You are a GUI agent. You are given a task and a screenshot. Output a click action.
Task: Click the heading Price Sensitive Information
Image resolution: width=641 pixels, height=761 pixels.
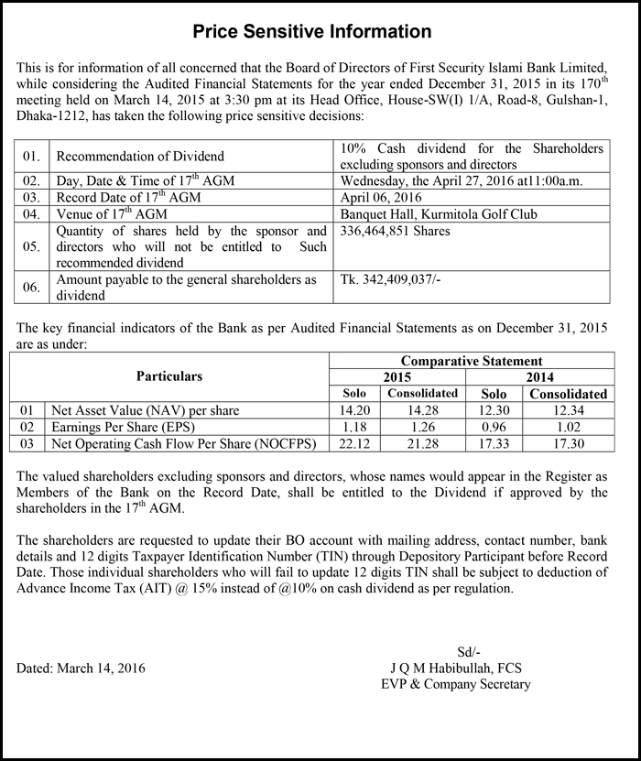[x=312, y=32]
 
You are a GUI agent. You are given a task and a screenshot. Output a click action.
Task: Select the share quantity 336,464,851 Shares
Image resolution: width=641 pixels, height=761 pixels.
[x=395, y=232]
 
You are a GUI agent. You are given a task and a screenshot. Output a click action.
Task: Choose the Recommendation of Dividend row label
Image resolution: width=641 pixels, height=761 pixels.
[x=140, y=157]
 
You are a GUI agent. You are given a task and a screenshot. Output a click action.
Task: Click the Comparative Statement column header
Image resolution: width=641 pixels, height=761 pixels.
[x=471, y=362]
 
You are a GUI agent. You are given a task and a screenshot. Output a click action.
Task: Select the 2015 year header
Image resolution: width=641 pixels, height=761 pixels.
[x=397, y=377]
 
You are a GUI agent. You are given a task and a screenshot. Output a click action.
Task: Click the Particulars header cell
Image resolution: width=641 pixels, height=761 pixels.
[x=169, y=376]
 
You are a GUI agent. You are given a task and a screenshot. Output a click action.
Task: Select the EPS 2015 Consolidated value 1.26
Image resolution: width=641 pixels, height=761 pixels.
[x=422, y=427]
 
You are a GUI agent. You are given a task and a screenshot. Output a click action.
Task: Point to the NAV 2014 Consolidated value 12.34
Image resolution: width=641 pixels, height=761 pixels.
[x=569, y=410]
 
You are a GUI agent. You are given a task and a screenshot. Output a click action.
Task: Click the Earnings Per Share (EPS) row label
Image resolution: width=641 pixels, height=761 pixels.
[x=125, y=427]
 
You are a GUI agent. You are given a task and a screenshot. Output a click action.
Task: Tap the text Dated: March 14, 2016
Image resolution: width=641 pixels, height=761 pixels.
[x=81, y=669]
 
